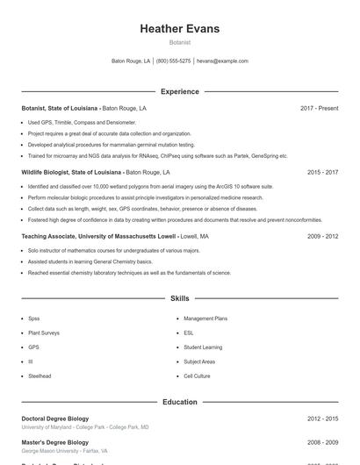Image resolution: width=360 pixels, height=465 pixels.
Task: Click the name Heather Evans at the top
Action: point(179,29)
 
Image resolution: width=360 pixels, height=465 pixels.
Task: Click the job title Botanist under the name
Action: point(179,42)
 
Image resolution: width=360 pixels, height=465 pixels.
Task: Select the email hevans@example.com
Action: point(222,61)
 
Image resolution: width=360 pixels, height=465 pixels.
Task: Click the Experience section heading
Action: point(179,91)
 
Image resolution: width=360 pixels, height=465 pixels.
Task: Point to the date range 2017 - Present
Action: point(319,108)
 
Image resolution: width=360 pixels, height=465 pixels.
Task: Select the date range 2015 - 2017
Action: point(322,172)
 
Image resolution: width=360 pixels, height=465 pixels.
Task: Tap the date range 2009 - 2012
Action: point(322,236)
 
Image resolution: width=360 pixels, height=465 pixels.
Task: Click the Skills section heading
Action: point(179,299)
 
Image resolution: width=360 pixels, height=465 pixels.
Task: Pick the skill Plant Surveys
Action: point(44,333)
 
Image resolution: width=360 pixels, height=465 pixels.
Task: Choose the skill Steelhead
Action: point(40,376)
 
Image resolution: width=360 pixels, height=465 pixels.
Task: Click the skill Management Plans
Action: point(205,318)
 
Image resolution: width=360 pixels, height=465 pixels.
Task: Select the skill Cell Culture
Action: point(197,376)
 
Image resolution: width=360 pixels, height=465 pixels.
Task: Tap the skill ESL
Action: point(189,333)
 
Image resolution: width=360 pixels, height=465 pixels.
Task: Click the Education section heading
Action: point(179,402)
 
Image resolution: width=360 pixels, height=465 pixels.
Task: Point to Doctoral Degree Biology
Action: point(54,418)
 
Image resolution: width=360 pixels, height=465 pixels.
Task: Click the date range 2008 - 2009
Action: point(322,443)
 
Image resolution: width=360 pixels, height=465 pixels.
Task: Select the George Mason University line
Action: point(64,451)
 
